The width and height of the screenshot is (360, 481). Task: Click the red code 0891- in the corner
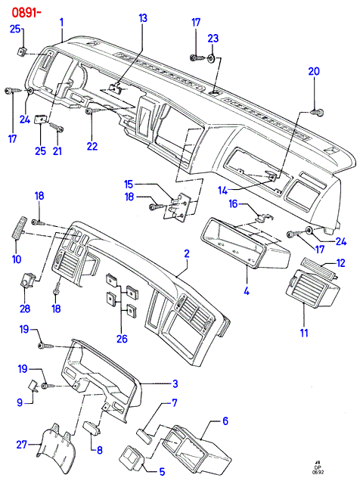tap(26, 13)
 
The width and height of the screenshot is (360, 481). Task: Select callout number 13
tap(143, 18)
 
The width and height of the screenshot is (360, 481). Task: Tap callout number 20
tap(314, 71)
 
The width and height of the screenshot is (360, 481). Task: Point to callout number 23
tap(213, 39)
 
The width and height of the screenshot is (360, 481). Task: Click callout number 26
tap(122, 339)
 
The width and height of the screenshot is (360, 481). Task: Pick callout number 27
tap(21, 444)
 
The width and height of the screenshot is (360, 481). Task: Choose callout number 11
tap(303, 333)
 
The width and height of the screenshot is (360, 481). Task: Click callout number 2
tap(187, 253)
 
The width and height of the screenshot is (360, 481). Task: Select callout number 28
tap(25, 309)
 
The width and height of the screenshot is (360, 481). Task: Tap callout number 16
tap(234, 203)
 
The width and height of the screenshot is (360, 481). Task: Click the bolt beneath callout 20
tap(317, 113)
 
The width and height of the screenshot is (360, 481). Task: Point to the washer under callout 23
tap(211, 58)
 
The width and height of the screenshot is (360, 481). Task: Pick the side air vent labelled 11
tap(313, 287)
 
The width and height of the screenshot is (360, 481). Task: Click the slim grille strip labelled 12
tap(318, 266)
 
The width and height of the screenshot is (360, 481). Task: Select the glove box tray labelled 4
tap(245, 242)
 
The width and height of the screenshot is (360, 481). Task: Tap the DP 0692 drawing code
tap(318, 470)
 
